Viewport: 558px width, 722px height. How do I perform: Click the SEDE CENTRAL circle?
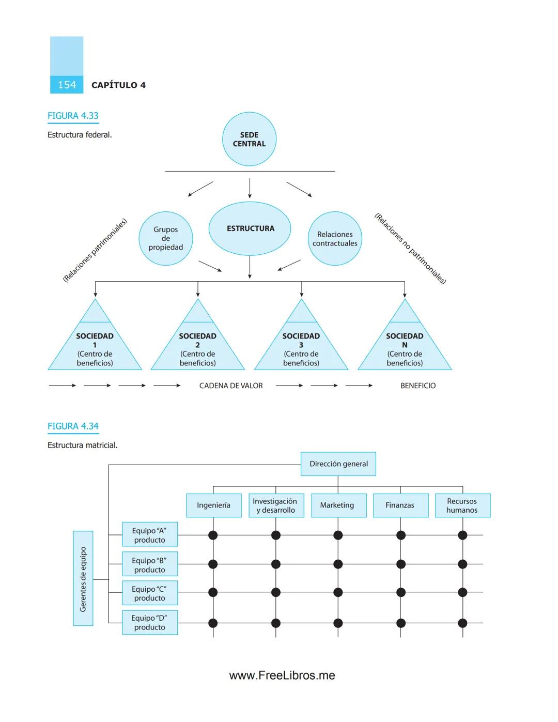pos(249,139)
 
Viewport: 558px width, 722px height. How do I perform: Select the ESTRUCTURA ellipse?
pos(250,228)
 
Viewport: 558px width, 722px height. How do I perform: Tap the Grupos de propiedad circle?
pos(165,238)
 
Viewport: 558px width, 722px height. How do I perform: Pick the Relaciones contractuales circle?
pos(335,239)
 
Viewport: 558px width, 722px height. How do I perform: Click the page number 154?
pos(67,85)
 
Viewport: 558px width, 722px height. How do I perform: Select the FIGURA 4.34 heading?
pos(73,426)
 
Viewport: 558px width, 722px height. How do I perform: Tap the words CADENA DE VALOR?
pos(231,386)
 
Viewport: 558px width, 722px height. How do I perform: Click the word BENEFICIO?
pos(418,386)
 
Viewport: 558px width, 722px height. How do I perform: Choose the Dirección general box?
pos(338,464)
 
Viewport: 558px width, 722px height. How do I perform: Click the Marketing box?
pos(337,505)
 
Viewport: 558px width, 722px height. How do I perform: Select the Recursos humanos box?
pos(462,505)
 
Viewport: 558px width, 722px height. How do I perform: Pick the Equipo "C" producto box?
pos(150,593)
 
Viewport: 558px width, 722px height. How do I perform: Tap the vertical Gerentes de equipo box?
pos(83,578)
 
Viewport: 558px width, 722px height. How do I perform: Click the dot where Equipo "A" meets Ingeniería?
pos(213,535)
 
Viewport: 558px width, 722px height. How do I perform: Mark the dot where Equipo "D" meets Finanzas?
pos(400,623)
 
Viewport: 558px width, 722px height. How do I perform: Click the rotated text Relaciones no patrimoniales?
pos(410,249)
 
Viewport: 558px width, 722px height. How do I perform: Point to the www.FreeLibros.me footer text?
pos(282,675)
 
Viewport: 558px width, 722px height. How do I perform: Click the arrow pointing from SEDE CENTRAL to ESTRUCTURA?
pos(250,189)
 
